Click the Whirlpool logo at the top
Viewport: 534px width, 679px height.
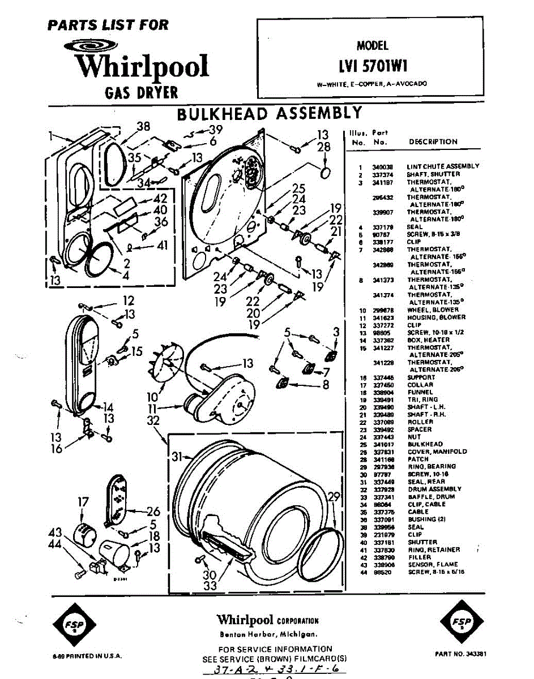point(142,63)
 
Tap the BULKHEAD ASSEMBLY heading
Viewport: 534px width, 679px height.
point(269,113)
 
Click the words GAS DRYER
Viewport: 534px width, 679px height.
point(142,92)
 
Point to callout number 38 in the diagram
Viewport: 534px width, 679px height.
point(143,127)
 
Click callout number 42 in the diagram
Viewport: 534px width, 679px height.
point(160,199)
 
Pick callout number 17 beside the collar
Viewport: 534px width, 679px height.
point(83,501)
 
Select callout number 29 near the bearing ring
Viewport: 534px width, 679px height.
point(334,497)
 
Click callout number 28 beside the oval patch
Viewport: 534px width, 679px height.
point(323,147)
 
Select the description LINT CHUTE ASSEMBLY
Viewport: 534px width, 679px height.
point(443,166)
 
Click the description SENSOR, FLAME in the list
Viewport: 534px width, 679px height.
point(433,565)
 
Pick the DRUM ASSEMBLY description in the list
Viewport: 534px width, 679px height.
point(434,489)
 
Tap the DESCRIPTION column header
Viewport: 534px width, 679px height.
point(433,142)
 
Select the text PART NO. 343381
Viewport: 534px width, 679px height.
point(461,654)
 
